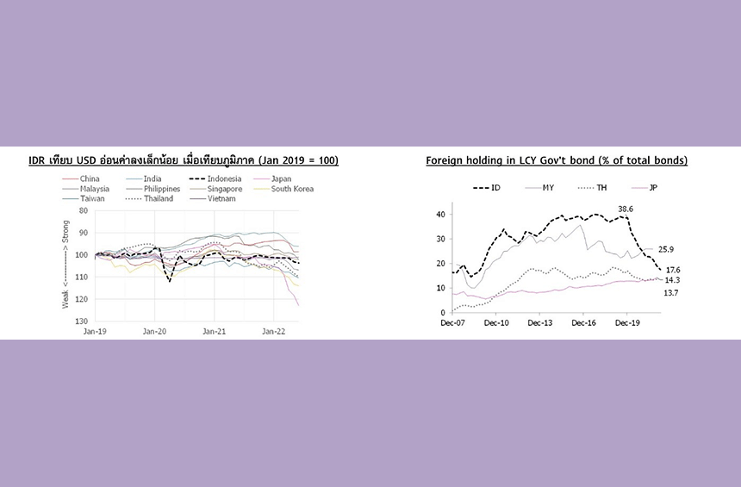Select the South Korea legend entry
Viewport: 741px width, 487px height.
pyautogui.click(x=292, y=189)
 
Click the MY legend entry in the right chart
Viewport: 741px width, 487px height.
pyautogui.click(x=548, y=187)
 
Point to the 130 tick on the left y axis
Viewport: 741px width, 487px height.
pyautogui.click(x=84, y=321)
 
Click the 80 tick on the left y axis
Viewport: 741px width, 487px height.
pyautogui.click(x=84, y=210)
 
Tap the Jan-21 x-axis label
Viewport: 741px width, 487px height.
pyautogui.click(x=214, y=331)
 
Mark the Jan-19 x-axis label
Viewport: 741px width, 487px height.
pyautogui.click(x=94, y=331)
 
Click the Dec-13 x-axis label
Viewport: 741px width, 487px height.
pyautogui.click(x=539, y=323)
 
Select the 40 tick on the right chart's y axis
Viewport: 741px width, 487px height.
pyautogui.click(x=440, y=215)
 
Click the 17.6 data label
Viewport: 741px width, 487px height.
pyautogui.click(x=674, y=270)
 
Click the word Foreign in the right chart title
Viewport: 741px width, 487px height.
pyautogui.click(x=446, y=161)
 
